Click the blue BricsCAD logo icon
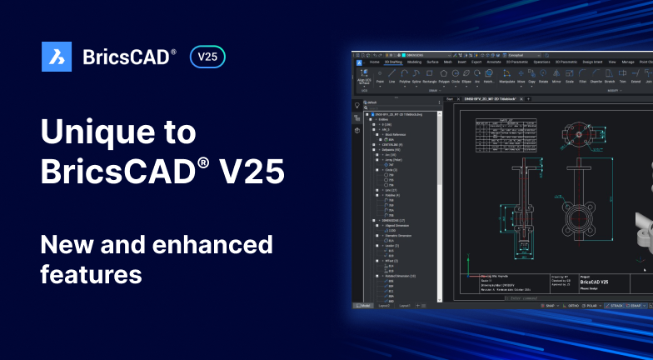(57, 57)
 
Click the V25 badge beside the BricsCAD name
(207, 57)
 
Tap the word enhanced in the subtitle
(202, 245)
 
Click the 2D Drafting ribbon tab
(393, 62)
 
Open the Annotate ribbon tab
(495, 62)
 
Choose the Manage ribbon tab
(628, 62)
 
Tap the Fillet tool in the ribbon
(583, 82)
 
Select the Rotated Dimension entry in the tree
(403, 275)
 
